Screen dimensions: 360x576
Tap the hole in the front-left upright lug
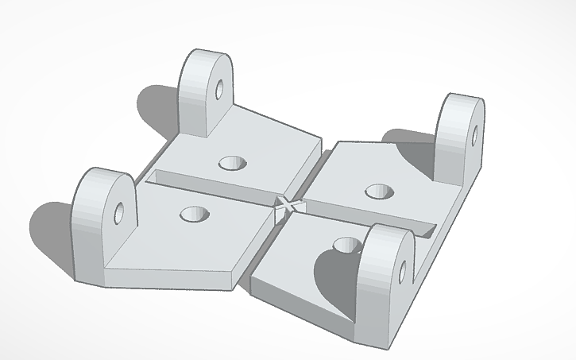tap(119, 212)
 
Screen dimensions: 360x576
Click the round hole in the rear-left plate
tap(233, 163)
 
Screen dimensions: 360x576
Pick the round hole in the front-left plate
tap(193, 214)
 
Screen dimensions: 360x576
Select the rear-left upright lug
tap(203, 91)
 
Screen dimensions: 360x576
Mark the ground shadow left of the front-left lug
tap(52, 230)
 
